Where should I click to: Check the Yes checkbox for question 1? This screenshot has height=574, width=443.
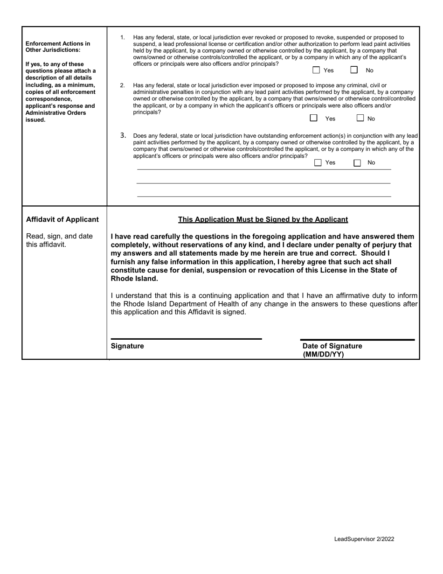(x=316, y=70)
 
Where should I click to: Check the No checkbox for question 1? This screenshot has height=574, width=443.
(x=354, y=70)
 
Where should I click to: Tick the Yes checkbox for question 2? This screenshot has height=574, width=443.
(x=314, y=118)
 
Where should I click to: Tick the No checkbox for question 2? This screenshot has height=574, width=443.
(x=360, y=118)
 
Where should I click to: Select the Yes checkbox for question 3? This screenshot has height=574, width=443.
(x=318, y=163)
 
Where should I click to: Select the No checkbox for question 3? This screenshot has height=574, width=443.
(x=357, y=163)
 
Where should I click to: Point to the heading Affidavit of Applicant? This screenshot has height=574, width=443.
(x=62, y=219)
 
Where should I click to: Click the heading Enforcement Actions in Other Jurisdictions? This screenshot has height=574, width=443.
(x=58, y=47)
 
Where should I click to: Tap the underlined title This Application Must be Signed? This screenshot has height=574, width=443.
(x=263, y=219)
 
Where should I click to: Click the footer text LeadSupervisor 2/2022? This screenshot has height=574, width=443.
(x=364, y=539)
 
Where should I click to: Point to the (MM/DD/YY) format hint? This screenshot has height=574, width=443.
(x=323, y=354)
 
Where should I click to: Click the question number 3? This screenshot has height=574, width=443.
(x=123, y=135)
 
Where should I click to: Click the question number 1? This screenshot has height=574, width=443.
(x=123, y=37)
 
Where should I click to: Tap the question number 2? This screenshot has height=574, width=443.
(x=123, y=85)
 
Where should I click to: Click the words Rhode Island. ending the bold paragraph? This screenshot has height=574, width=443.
(x=134, y=279)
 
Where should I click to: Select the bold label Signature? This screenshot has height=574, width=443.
(x=127, y=346)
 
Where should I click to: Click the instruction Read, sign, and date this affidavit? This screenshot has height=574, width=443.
(x=59, y=240)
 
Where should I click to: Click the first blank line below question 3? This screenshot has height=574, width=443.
(x=263, y=169)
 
